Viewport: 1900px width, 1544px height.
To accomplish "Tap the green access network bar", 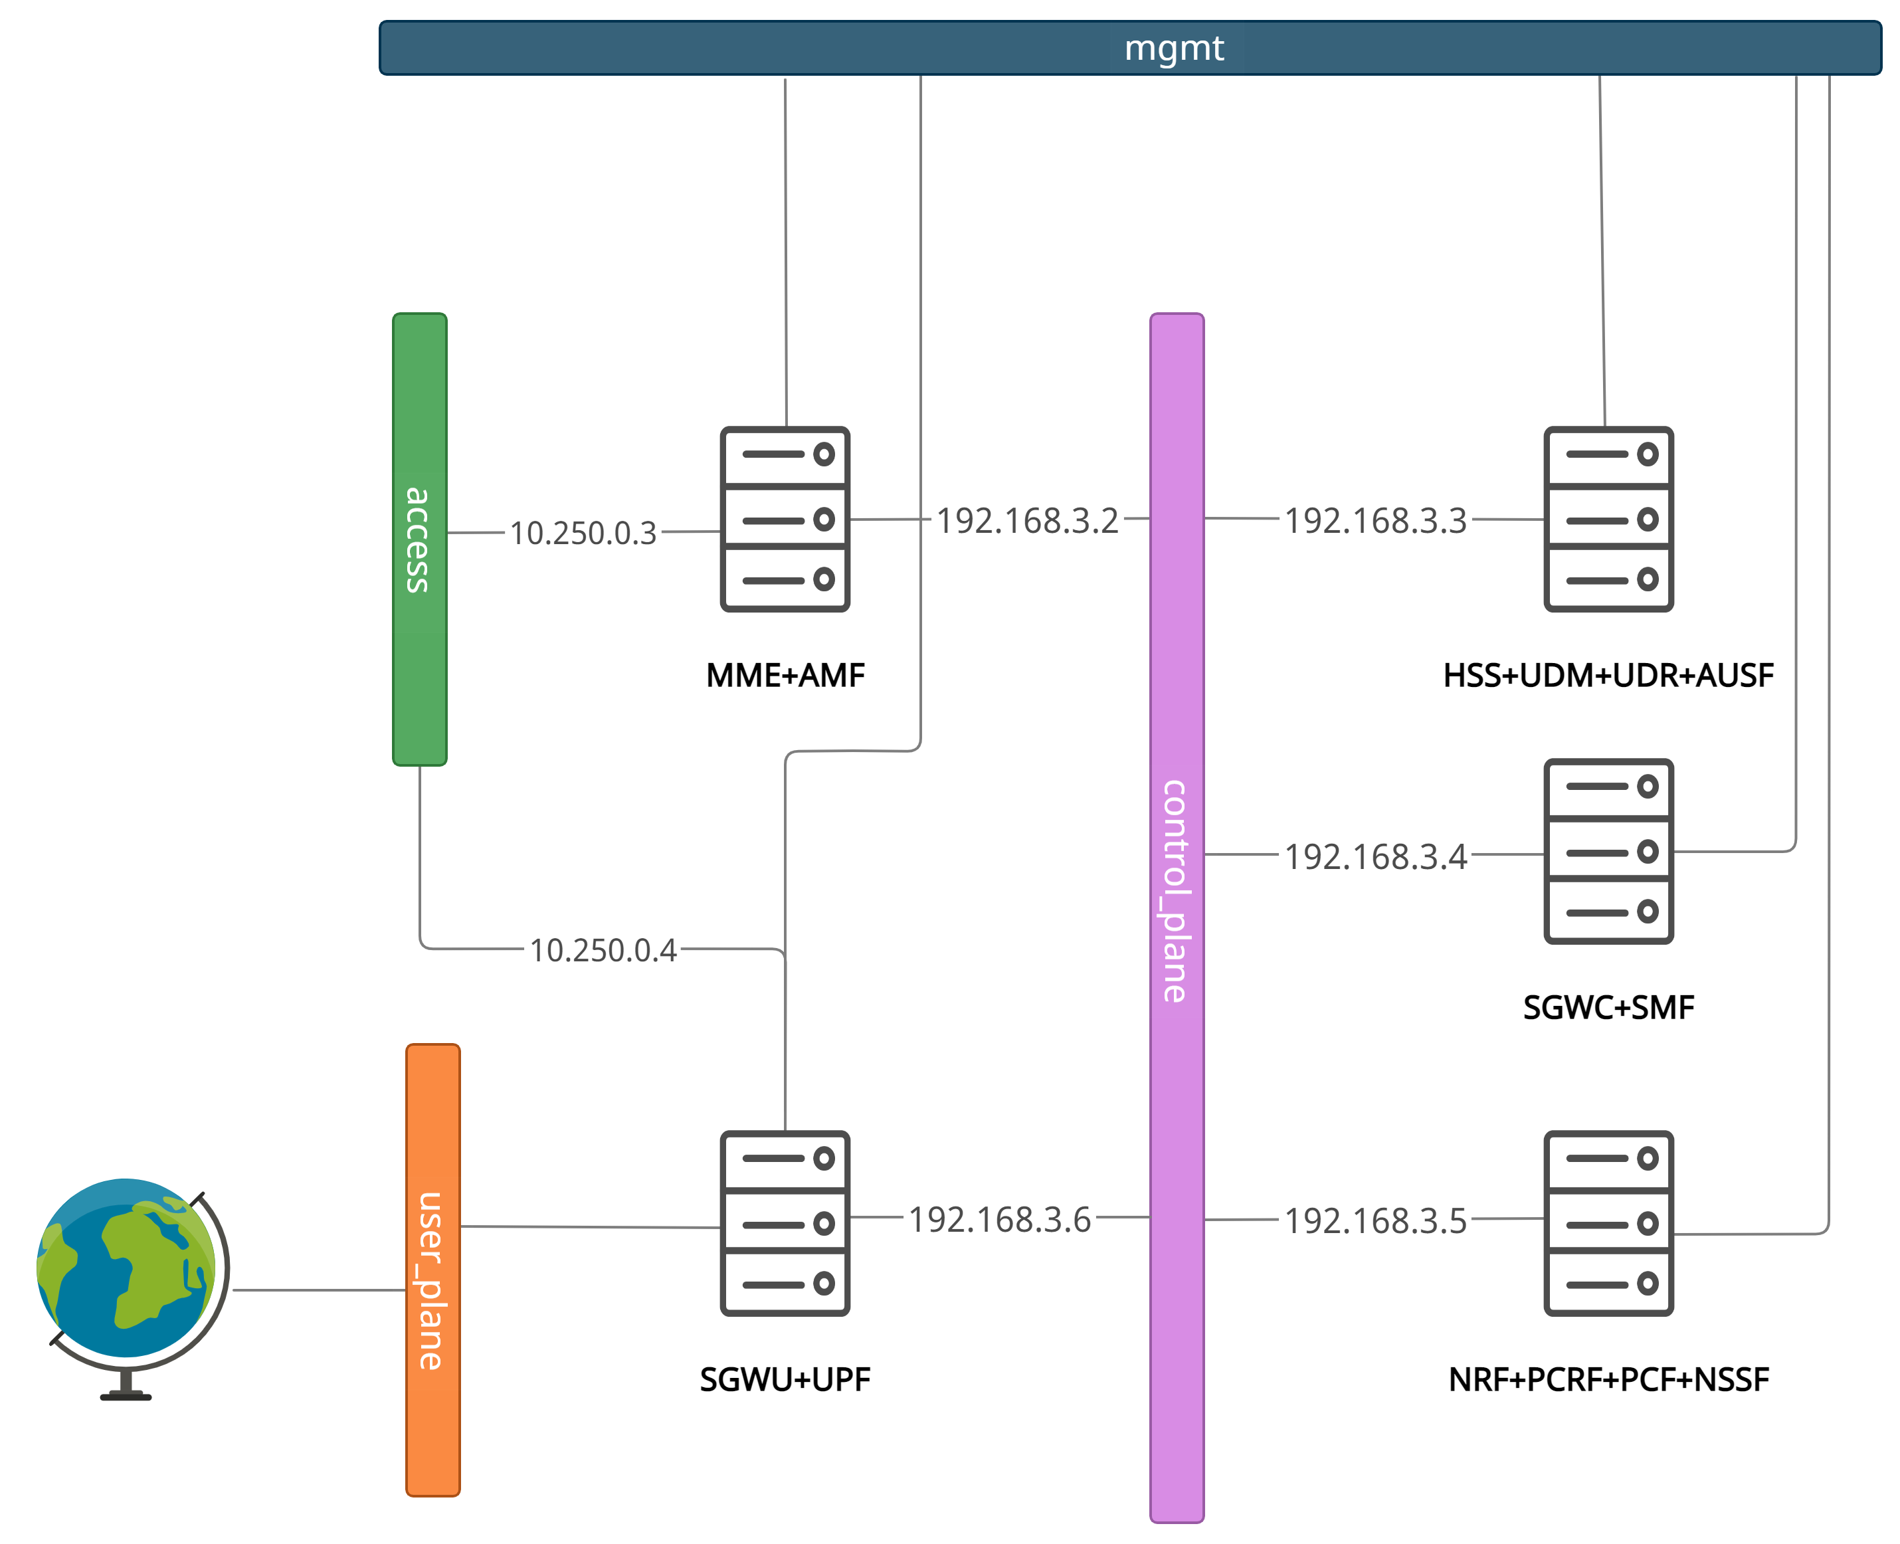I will tap(420, 623).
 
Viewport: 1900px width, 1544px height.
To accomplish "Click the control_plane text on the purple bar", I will tap(1175, 891).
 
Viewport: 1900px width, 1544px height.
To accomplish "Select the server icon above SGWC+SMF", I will tap(1608, 851).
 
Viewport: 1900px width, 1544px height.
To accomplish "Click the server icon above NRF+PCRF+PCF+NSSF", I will tap(1608, 1223).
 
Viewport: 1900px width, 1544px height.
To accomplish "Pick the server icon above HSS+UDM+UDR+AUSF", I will tap(1608, 520).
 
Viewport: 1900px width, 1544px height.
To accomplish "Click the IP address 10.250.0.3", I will tap(583, 533).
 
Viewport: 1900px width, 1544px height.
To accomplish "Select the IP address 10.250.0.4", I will tap(603, 950).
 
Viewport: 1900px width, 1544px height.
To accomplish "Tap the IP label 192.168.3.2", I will tap(1027, 520).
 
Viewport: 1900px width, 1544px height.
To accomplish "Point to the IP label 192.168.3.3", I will tap(1375, 520).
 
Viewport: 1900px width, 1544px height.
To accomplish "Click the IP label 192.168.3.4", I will tap(1375, 856).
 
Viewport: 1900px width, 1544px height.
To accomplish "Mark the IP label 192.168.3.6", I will tap(998, 1219).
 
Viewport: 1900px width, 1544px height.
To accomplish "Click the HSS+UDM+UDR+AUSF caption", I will tap(1608, 675).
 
